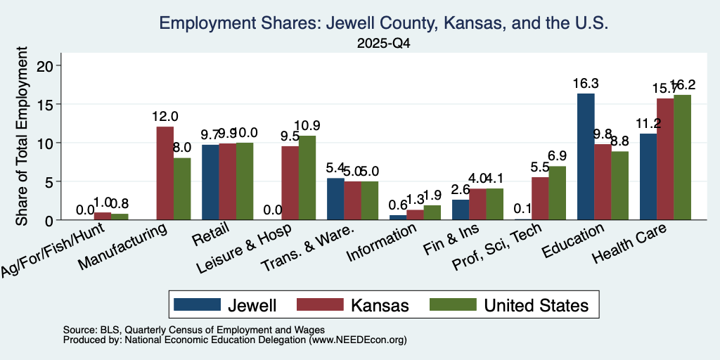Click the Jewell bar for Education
click(x=586, y=157)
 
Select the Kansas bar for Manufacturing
click(x=165, y=173)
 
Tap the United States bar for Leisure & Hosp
click(x=307, y=178)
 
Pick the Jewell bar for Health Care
click(x=648, y=176)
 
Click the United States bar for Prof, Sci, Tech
click(x=558, y=193)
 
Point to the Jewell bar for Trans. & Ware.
click(x=335, y=199)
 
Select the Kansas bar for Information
click(x=415, y=215)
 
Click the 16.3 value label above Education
click(x=586, y=84)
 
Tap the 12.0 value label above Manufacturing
click(x=165, y=117)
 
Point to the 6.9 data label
click(x=558, y=156)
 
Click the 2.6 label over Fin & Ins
click(x=461, y=190)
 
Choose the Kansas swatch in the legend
click(x=320, y=304)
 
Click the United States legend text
click(x=536, y=305)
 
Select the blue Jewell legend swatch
click(x=198, y=304)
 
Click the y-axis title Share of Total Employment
click(x=22, y=136)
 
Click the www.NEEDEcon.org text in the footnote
click(x=358, y=340)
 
